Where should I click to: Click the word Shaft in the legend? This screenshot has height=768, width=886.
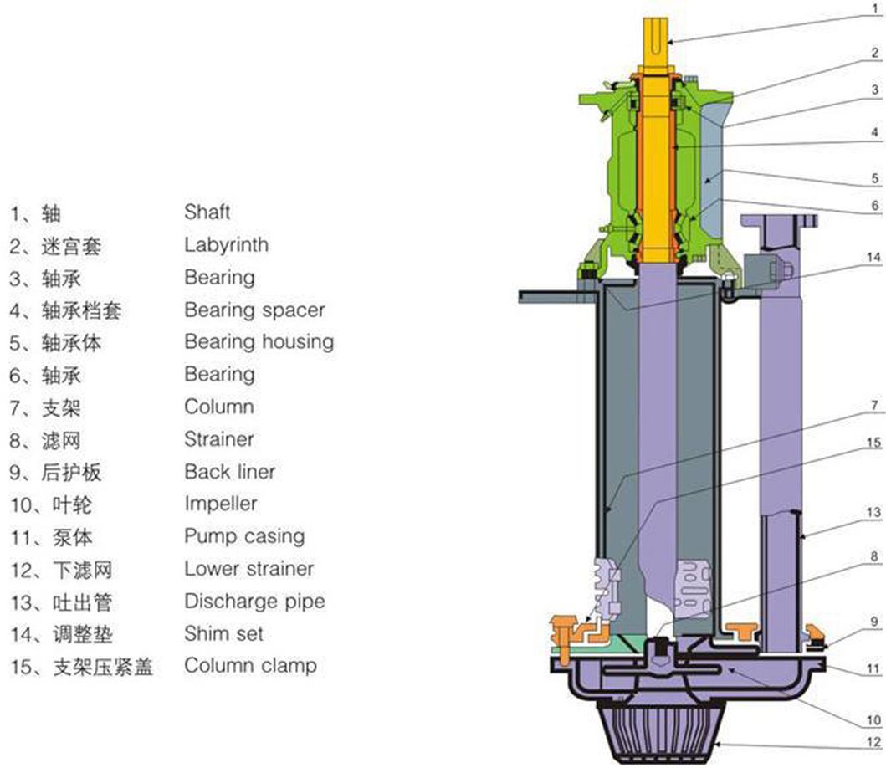207,212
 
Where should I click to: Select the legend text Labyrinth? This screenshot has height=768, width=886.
226,245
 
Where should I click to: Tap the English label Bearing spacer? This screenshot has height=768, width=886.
254,310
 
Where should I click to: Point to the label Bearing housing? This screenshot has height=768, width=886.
259,342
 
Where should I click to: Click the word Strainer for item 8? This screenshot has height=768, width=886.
218,439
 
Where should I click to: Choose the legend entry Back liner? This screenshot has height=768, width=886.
229,472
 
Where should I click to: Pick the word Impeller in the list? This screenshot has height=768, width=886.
220,504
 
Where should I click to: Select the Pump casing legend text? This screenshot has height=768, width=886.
244,536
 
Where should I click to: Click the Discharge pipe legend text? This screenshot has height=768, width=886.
254,602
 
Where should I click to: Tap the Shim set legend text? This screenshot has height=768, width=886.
223,633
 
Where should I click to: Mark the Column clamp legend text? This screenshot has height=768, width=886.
250,666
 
